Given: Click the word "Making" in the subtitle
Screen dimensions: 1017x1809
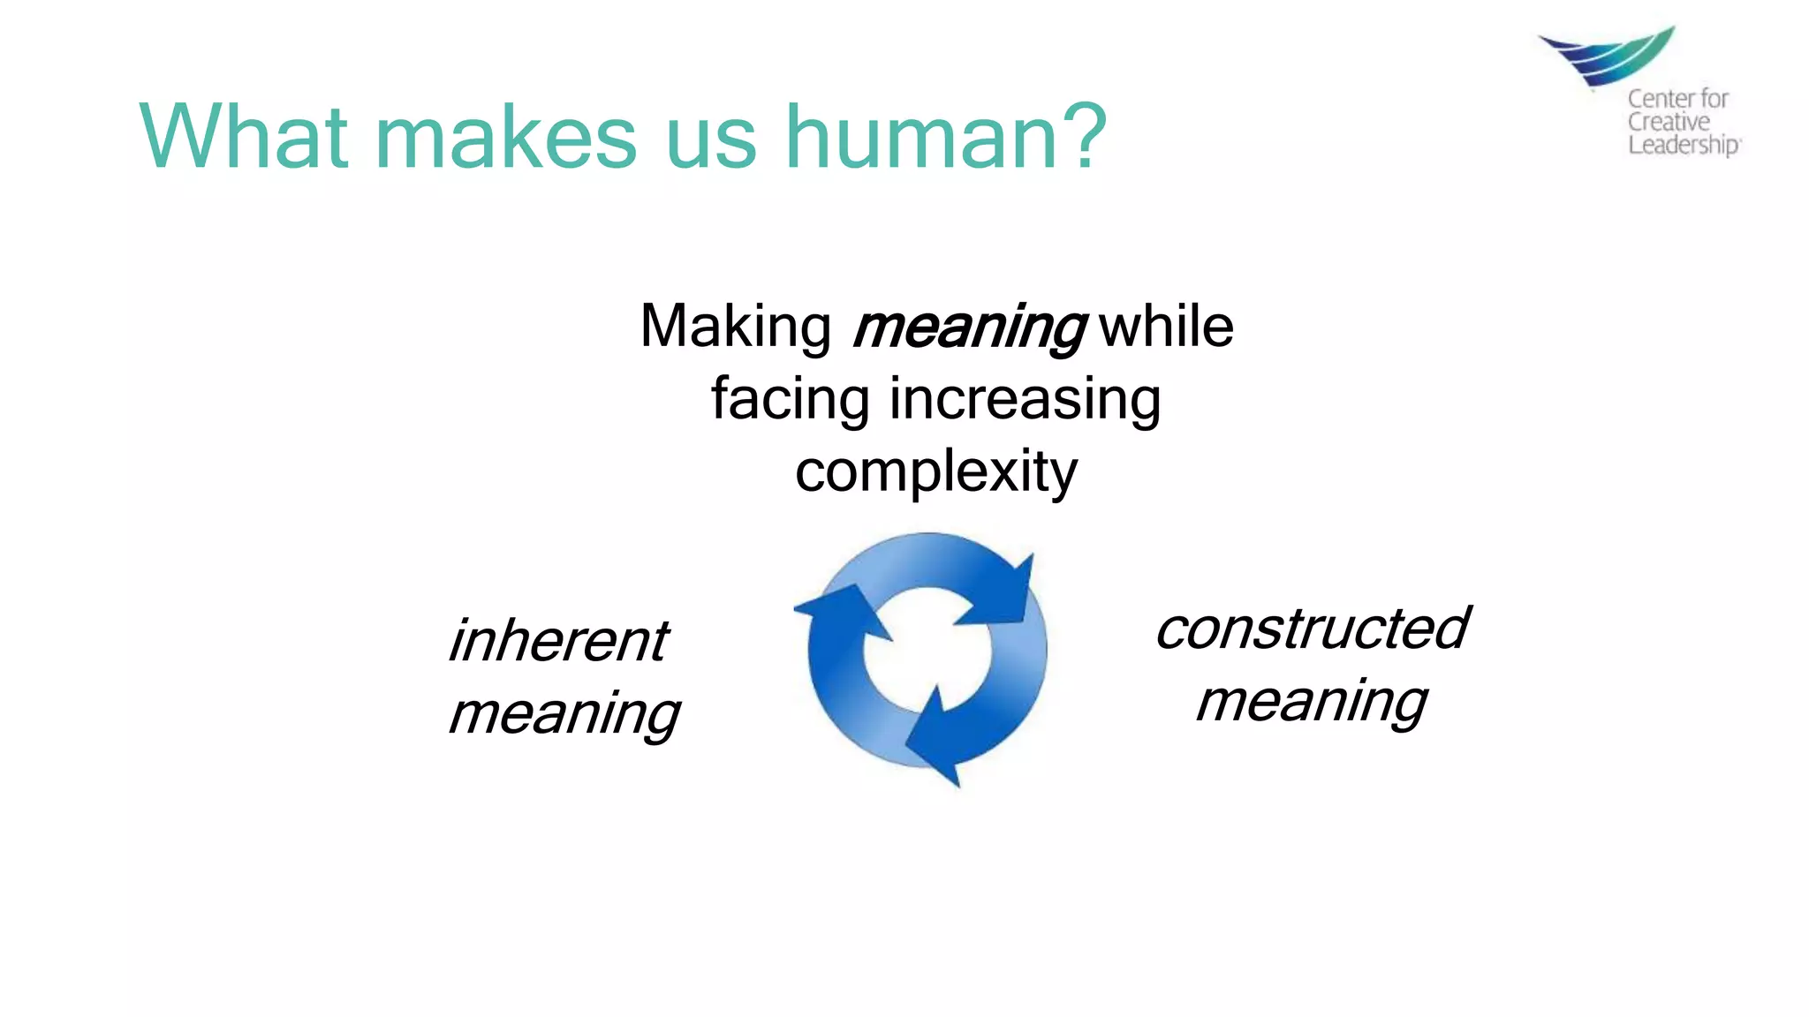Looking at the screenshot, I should click(735, 328).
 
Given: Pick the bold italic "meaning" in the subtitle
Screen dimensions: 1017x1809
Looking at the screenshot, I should click(969, 328).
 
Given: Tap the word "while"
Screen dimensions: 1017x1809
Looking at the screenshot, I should click(1166, 327).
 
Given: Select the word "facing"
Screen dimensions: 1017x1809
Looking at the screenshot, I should click(791, 400).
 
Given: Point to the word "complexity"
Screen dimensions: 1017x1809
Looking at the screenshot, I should click(936, 473).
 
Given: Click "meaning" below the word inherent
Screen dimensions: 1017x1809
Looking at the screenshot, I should click(564, 713).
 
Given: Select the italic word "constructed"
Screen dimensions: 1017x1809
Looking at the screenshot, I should click(1312, 629).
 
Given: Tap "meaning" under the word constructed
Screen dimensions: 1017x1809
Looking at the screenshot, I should click(1312, 703).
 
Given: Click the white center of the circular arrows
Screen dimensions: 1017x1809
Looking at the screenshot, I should click(926, 653).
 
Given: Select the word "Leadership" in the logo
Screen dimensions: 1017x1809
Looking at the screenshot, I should click(1683, 146).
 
